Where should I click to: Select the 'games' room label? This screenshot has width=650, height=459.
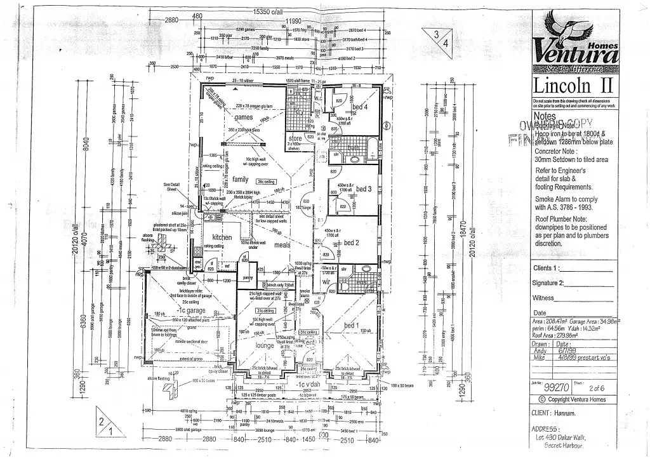click(x=244, y=118)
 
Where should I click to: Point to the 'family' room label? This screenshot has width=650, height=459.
click(x=241, y=180)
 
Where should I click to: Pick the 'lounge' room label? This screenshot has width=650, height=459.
click(x=264, y=345)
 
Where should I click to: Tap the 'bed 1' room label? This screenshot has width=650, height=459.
click(x=351, y=326)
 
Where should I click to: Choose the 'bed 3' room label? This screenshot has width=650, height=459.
click(x=363, y=189)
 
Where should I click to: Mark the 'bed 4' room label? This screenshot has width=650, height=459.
click(x=361, y=107)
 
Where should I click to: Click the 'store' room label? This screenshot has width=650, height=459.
click(x=295, y=138)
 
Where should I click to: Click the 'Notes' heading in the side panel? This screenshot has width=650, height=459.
click(x=545, y=117)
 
